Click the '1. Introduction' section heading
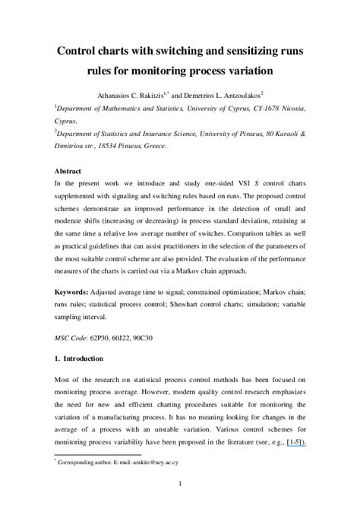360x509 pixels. point(78,358)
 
